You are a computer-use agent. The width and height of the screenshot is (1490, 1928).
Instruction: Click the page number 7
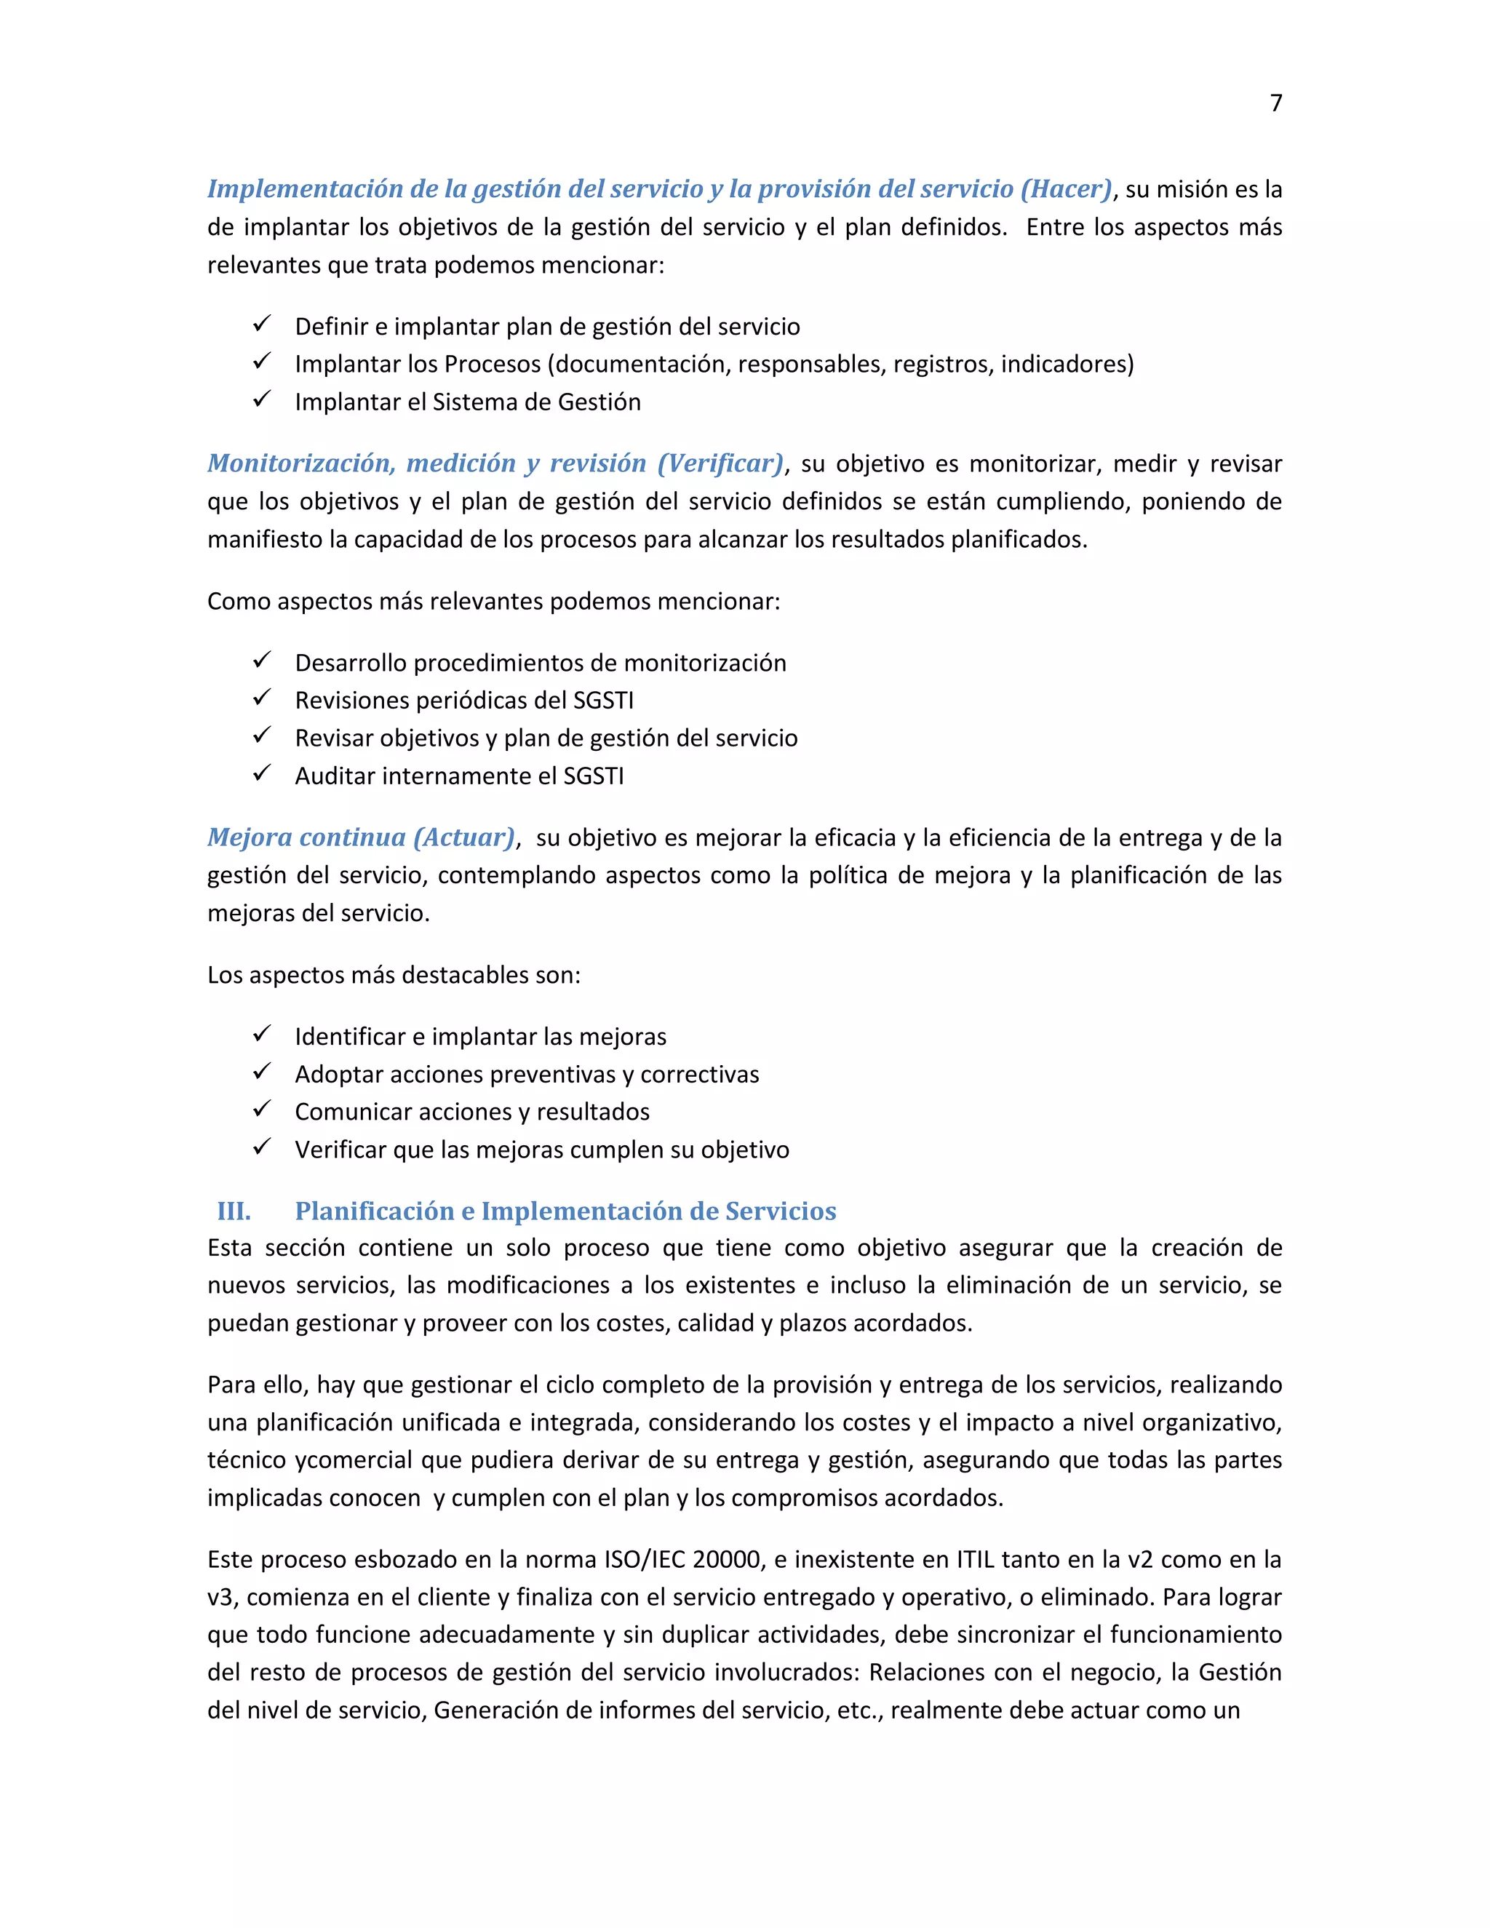click(x=1275, y=103)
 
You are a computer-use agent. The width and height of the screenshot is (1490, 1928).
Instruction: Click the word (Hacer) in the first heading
click(x=1067, y=189)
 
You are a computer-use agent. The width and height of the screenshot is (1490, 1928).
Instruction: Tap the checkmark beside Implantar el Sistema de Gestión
click(x=261, y=400)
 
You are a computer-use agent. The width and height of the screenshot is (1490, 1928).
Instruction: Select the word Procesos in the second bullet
click(x=493, y=364)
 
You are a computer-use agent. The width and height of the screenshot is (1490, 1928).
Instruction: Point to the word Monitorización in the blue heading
click(x=300, y=463)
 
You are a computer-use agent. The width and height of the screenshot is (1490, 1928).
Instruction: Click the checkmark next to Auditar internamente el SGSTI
click(x=261, y=774)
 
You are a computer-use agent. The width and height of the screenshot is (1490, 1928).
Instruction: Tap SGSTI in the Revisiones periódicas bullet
click(x=604, y=701)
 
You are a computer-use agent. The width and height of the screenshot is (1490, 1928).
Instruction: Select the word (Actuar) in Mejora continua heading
click(x=464, y=837)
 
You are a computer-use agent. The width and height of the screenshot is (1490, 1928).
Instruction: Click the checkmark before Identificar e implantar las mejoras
click(x=261, y=1035)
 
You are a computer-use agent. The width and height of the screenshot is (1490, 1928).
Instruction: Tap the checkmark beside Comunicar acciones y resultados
click(x=261, y=1110)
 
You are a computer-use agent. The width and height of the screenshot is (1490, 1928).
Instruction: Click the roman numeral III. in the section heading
click(x=234, y=1211)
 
